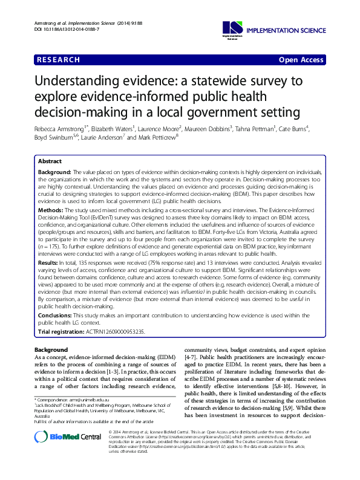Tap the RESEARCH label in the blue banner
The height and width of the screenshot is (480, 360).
(58, 60)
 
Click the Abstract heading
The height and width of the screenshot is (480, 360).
(50, 162)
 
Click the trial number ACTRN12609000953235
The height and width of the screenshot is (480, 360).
(123, 332)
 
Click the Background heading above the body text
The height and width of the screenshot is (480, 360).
(52, 350)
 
